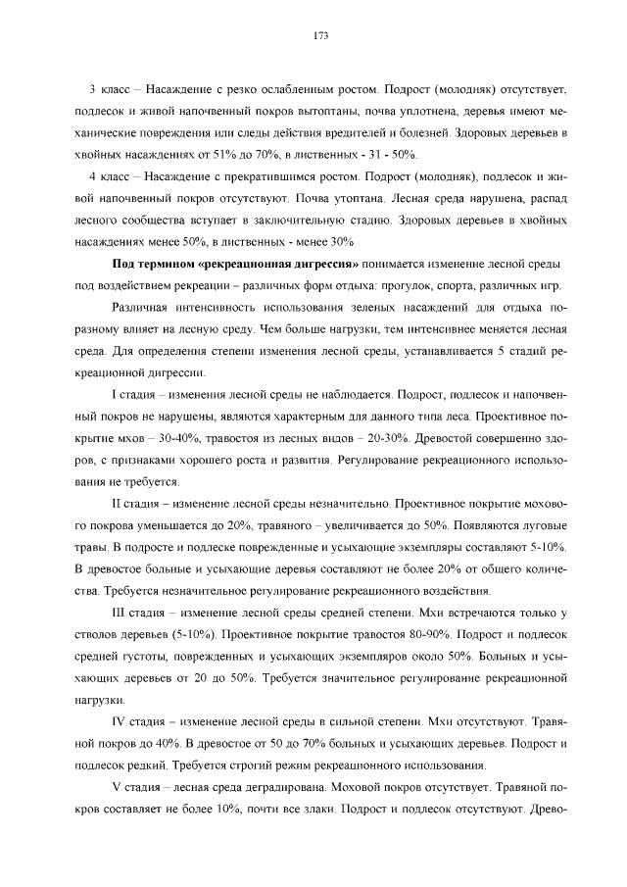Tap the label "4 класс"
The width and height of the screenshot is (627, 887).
coord(111,178)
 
